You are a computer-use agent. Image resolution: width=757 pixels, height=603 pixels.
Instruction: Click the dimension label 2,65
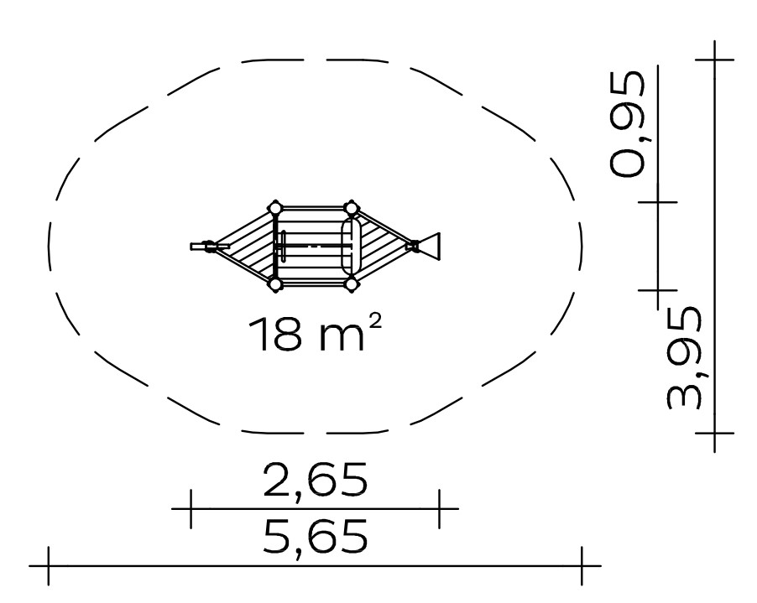coord(316,480)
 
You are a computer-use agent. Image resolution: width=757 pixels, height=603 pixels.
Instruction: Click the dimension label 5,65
coord(316,537)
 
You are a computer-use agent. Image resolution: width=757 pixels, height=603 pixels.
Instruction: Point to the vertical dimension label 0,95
coord(627,123)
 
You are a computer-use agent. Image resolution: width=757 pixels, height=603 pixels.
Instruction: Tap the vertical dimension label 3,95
coord(684,357)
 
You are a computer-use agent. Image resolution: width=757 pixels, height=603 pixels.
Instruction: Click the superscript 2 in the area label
coord(376,321)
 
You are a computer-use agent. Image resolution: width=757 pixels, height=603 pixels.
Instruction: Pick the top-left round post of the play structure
coord(274,208)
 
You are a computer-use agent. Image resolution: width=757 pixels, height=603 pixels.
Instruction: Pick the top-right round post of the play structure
coord(351,208)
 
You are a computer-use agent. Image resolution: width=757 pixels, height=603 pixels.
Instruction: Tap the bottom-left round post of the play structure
coord(274,285)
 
